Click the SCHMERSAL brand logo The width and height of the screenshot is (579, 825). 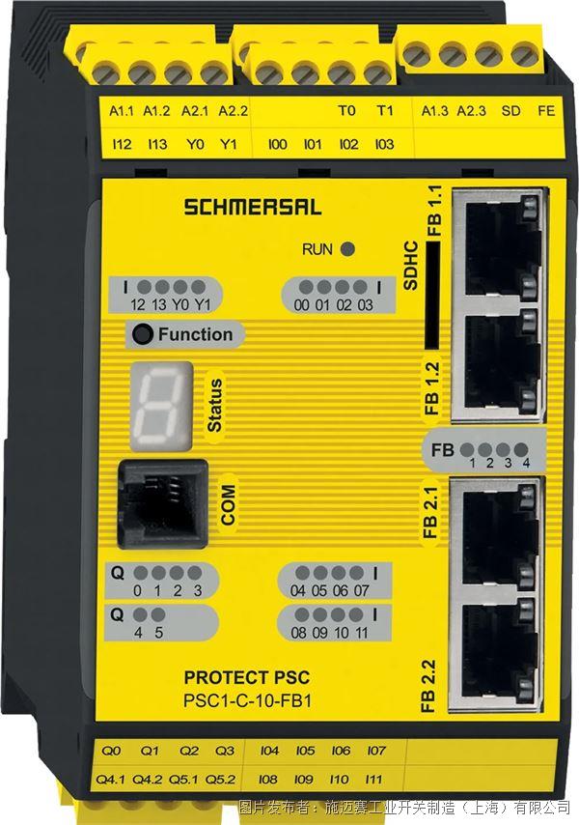coord(252,207)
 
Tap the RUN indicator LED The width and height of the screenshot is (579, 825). coord(347,249)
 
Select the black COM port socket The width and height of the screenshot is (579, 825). coord(162,504)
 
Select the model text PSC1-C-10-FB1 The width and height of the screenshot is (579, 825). coord(247,701)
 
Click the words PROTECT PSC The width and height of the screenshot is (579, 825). coord(247,678)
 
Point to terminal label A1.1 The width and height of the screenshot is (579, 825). coord(122,111)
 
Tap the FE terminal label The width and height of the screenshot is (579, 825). coord(546,111)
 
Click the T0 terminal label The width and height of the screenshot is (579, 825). coord(346,111)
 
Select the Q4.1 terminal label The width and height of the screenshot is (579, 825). coord(110,780)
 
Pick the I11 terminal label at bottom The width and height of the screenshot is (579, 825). coord(373,780)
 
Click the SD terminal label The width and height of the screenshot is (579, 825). coord(510,111)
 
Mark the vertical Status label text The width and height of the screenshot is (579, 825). coord(215,405)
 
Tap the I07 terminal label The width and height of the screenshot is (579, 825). coord(376,751)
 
